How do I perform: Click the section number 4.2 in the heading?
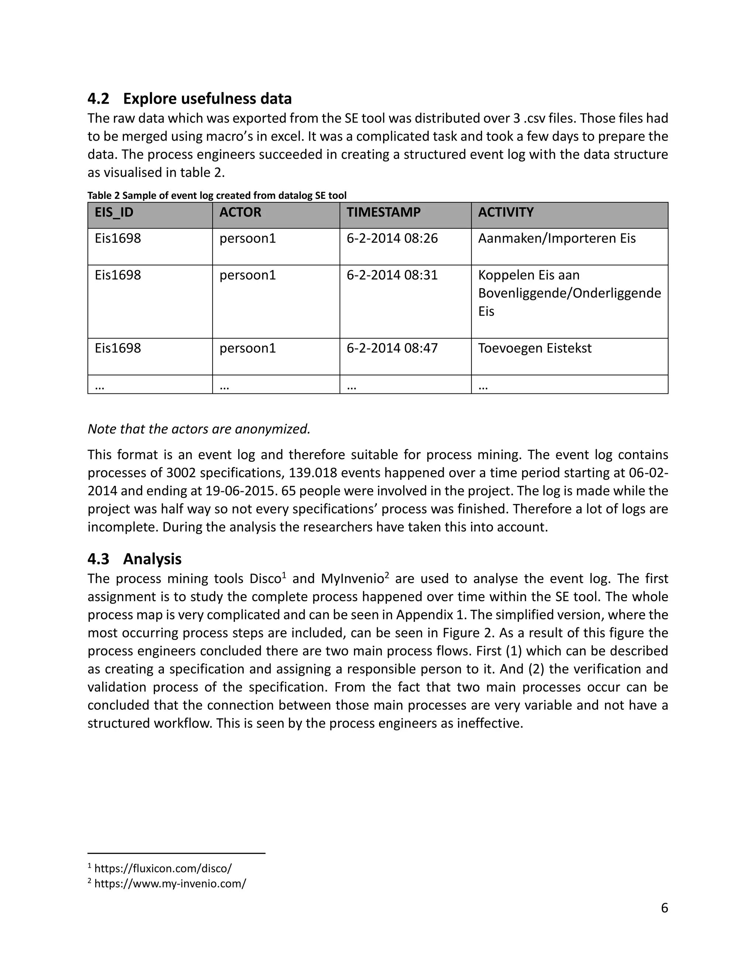(x=98, y=99)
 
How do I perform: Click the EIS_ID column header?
(x=114, y=212)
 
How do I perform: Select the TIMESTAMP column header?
(x=384, y=212)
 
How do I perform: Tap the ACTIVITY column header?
(x=506, y=212)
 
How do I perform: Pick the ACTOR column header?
(x=240, y=212)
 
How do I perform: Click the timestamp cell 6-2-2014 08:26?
(x=392, y=238)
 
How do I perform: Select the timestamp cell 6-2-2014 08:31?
(x=392, y=275)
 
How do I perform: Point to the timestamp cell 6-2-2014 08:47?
(x=392, y=348)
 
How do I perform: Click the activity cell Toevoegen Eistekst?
(x=534, y=348)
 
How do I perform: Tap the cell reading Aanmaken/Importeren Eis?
(x=557, y=238)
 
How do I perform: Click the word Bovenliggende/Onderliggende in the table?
(x=569, y=293)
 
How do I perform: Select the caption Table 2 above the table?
(x=217, y=196)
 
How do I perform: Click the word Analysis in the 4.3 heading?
(x=152, y=559)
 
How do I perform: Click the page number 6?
(x=664, y=908)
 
